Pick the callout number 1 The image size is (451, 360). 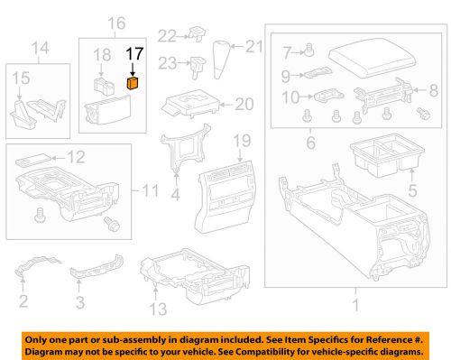click(x=354, y=305)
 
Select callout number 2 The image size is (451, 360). click(x=24, y=300)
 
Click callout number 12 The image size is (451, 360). click(x=78, y=157)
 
